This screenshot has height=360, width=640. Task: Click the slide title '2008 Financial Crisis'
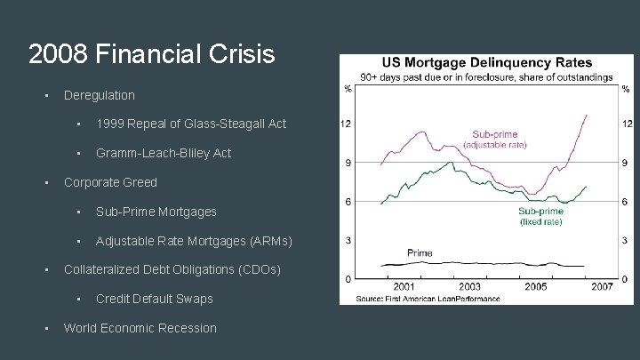tap(151, 55)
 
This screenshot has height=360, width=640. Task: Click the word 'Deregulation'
tap(100, 95)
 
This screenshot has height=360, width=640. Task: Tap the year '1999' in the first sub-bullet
tap(111, 124)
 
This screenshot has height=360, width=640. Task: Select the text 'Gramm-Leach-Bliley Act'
tap(163, 153)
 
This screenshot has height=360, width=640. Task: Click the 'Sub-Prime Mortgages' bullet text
tap(156, 212)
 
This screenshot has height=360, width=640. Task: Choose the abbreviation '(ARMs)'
tap(267, 241)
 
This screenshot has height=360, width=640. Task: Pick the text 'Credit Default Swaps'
tap(156, 299)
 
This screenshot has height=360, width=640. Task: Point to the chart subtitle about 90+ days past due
tap(485, 77)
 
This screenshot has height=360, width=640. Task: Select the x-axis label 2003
tap(470, 287)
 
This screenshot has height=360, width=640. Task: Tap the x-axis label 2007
tap(603, 287)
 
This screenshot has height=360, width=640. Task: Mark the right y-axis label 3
tap(626, 240)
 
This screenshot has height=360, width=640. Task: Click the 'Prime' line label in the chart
tap(420, 253)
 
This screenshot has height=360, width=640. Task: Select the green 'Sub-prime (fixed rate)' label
tap(540, 216)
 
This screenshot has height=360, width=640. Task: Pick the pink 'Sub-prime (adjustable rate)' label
tap(494, 139)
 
